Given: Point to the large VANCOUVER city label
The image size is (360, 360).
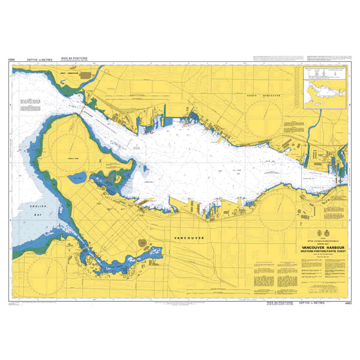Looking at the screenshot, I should point(188,238).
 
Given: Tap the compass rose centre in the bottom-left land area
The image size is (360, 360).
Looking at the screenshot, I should point(38,266).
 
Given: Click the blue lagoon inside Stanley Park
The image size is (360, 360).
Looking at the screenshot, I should point(78,178).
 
